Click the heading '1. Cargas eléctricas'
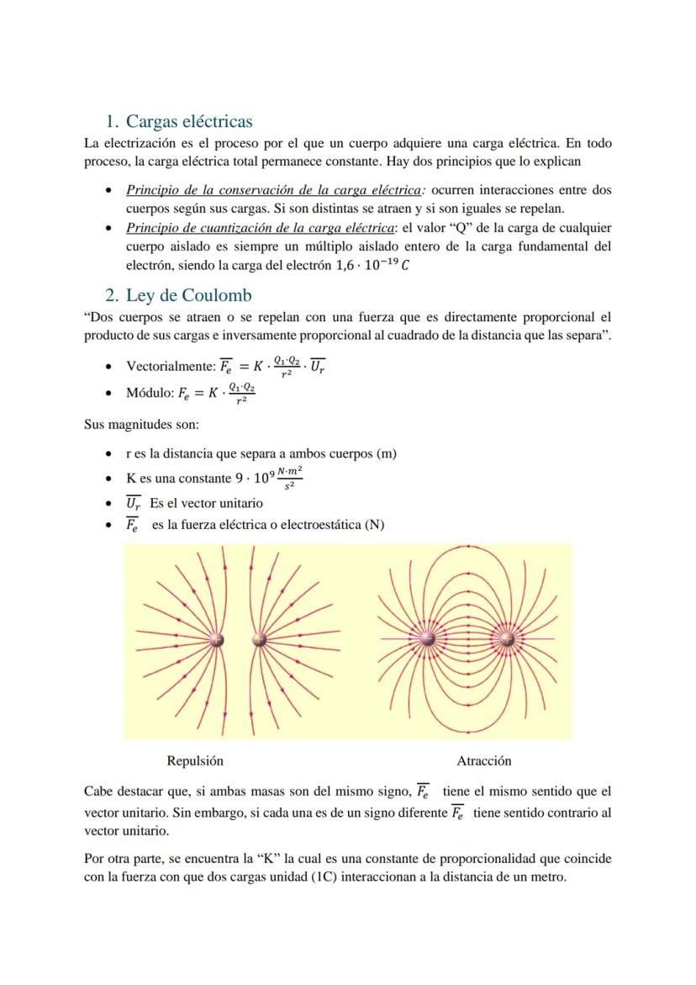tap(189, 122)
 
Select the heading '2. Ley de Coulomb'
tap(188, 295)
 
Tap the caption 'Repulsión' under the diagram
tap(195, 760)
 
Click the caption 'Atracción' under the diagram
tap(483, 760)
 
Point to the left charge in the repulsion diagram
tap(217, 640)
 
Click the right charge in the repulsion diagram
tap(259, 640)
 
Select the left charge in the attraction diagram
tap(427, 639)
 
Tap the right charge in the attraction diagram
tap(507, 639)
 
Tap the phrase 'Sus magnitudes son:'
tap(141, 425)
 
